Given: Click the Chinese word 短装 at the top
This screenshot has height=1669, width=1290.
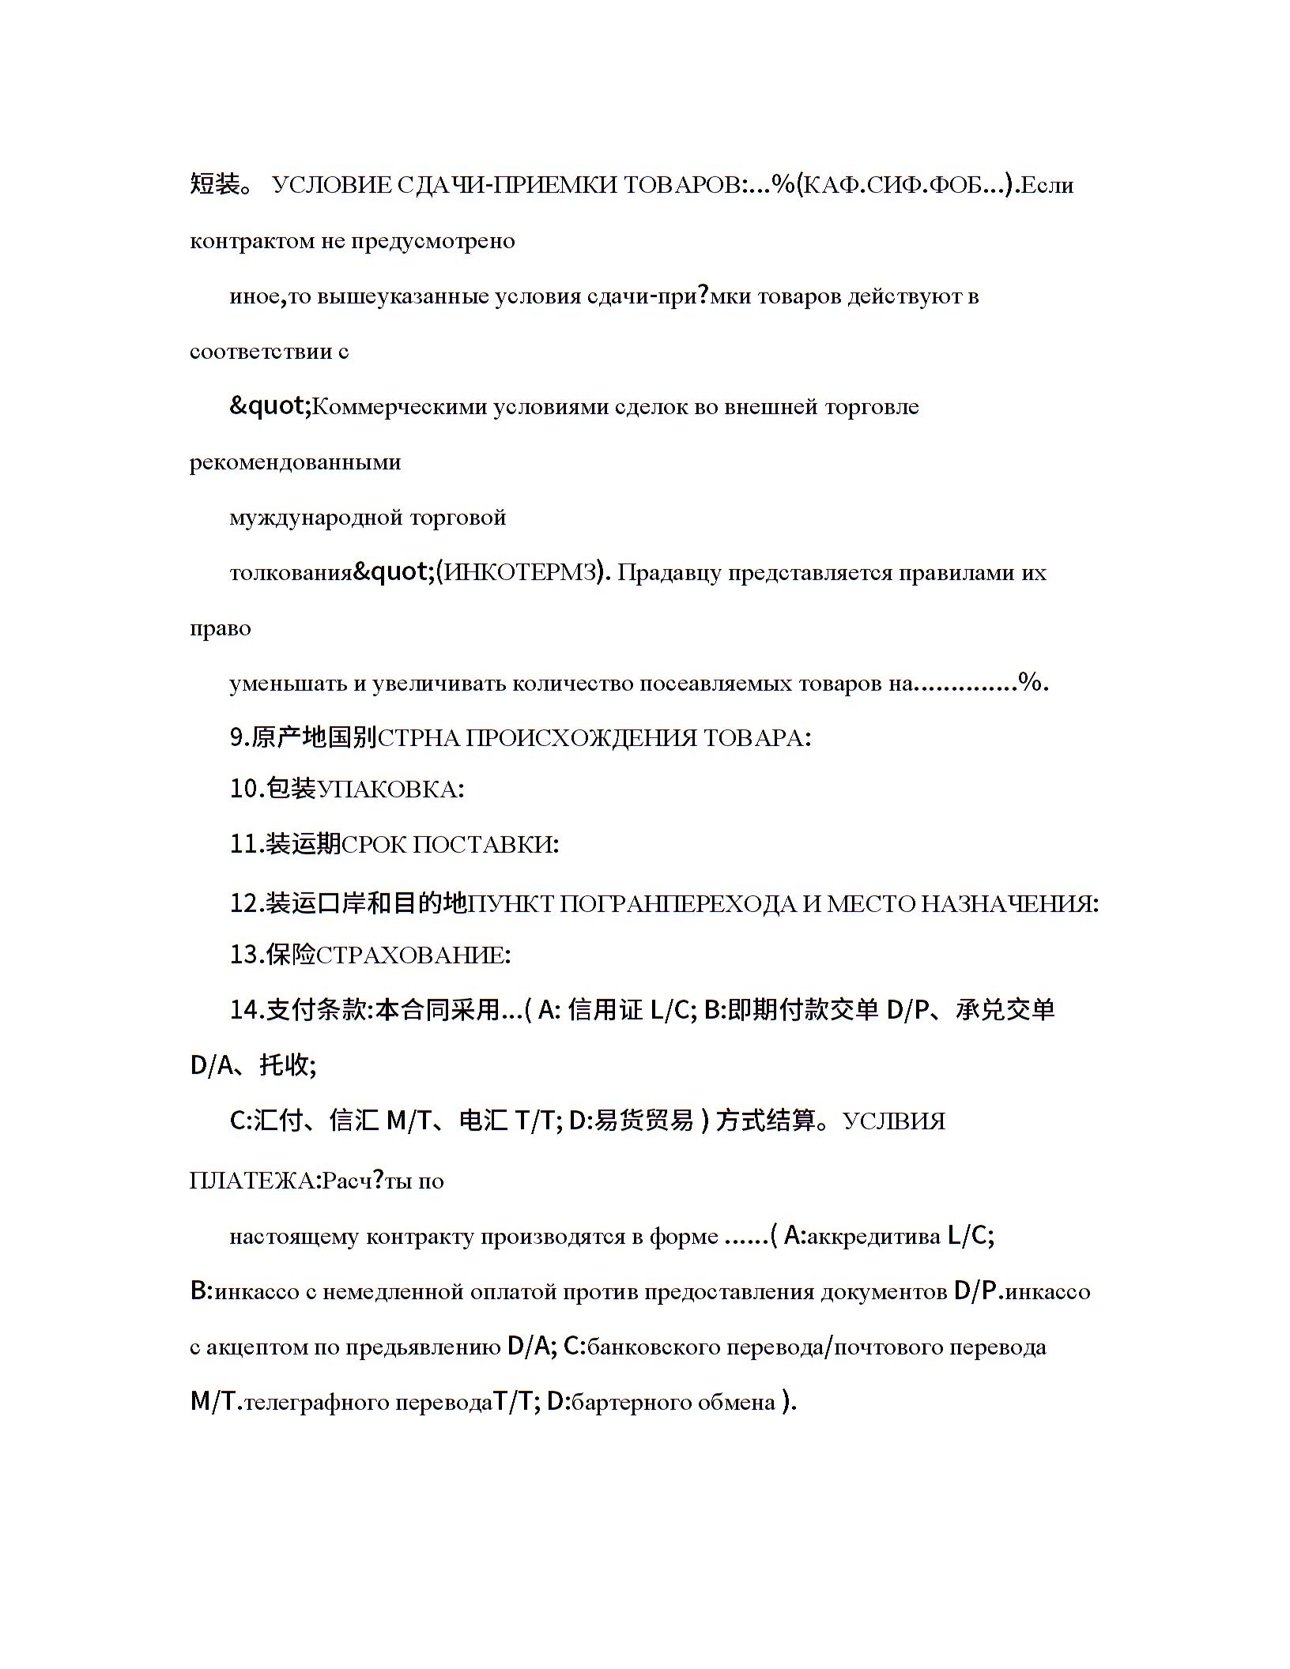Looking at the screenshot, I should coord(214,185).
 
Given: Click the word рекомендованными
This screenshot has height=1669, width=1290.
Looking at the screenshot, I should coord(295,462).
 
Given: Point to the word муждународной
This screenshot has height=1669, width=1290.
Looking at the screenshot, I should coord(316,518).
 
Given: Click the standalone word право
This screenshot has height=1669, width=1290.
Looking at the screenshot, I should coord(220,628).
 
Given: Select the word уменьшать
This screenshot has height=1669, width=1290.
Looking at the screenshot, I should coord(288,684).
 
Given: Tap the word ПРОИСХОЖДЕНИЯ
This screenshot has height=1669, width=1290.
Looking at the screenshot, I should coord(581,738).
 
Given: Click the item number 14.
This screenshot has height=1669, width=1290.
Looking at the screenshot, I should coord(245,1010).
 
